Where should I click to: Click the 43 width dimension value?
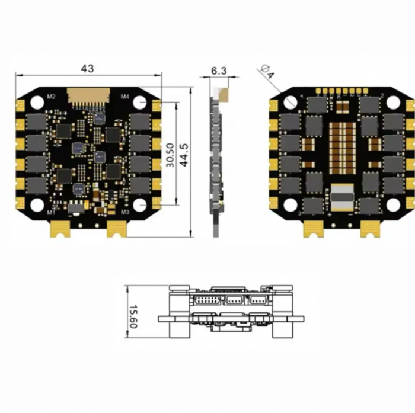pos(87,69)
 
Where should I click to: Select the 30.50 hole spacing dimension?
pos(170,155)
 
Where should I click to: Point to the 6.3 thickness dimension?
pos(218,71)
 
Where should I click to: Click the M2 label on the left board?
pos(51,97)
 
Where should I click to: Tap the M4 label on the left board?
pos(125,96)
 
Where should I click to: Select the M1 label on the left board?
pos(51,212)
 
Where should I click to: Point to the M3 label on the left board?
pos(125,212)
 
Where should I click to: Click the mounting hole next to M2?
pos(37,102)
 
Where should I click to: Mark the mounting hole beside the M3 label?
pos(139,205)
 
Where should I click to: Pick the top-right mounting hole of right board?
pos(392,102)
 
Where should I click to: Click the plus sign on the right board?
pos(329,214)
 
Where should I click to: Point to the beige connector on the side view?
pos(224,93)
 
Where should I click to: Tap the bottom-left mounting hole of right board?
pos(290,205)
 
